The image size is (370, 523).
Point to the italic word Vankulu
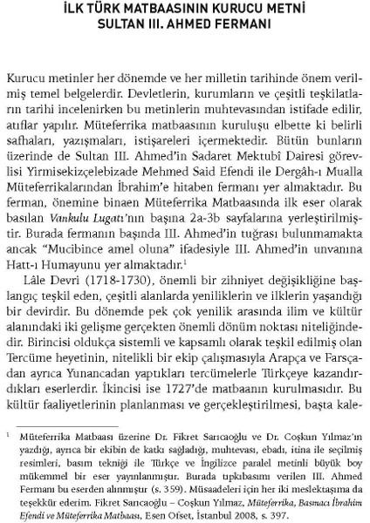106,230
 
